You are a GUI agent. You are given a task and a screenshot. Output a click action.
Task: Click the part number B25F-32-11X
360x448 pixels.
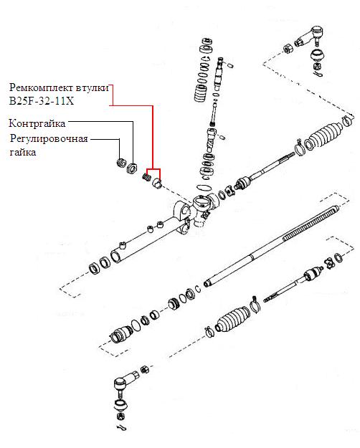pyautogui.click(x=42, y=101)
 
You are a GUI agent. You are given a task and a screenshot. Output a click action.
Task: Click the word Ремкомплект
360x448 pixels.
pyautogui.click(x=41, y=87)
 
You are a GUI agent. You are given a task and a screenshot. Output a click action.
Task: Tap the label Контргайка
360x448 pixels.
pyautogui.click(x=37, y=123)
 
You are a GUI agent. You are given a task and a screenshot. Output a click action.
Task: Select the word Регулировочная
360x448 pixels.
pyautogui.click(x=49, y=139)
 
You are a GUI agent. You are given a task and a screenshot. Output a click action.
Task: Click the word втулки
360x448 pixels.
pyautogui.click(x=93, y=87)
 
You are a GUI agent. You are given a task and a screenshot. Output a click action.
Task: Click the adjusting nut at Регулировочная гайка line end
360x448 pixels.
pyautogui.click(x=121, y=163)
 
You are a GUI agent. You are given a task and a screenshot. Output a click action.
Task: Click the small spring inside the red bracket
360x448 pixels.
pyautogui.click(x=147, y=177)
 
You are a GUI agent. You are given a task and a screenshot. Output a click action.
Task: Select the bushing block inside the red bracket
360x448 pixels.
pyautogui.click(x=157, y=183)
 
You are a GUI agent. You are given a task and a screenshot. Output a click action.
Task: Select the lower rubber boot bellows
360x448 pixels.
pyautogui.click(x=232, y=320)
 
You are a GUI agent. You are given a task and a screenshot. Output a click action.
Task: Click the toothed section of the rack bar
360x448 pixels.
pyautogui.click(x=311, y=223)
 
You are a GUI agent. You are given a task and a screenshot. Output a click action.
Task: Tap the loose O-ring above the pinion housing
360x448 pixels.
pyautogui.click(x=204, y=188)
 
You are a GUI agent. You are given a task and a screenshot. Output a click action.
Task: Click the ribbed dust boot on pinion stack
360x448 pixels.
pyautogui.click(x=201, y=93)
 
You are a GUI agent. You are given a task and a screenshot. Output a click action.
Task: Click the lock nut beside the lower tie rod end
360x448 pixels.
pyautogui.click(x=145, y=369)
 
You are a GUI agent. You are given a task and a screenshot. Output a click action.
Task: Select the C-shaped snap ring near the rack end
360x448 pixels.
pyautogui.click(x=198, y=289)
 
